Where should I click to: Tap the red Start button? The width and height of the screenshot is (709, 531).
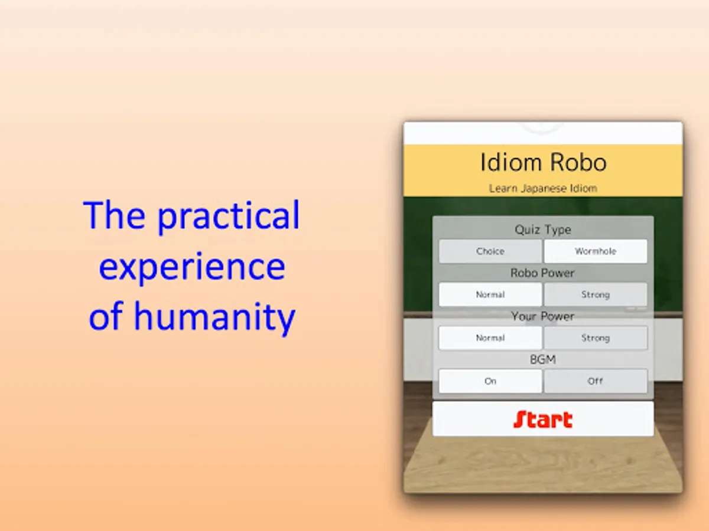click(x=543, y=418)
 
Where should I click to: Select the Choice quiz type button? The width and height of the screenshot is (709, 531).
click(x=490, y=251)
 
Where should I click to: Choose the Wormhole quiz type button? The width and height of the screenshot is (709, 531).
click(x=596, y=251)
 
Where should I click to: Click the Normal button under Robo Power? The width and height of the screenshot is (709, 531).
click(x=490, y=294)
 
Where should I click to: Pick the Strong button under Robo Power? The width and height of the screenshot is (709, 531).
click(x=596, y=294)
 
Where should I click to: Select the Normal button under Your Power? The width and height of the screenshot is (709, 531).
click(x=490, y=338)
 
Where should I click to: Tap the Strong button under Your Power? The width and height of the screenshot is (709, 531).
click(x=596, y=338)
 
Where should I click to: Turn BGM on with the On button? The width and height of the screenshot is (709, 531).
click(x=490, y=381)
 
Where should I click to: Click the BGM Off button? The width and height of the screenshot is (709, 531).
click(x=596, y=381)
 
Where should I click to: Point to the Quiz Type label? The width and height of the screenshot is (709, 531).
click(x=543, y=230)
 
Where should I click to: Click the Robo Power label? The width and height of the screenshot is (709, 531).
click(x=542, y=273)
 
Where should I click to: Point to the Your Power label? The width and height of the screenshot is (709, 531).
click(x=542, y=316)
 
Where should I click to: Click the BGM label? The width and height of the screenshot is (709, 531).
click(x=543, y=359)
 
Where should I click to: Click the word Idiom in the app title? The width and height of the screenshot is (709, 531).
click(x=510, y=162)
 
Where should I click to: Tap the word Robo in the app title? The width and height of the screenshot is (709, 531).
click(x=578, y=162)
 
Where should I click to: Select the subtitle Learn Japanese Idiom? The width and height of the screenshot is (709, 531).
click(x=543, y=188)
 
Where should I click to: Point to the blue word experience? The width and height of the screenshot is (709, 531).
click(x=192, y=268)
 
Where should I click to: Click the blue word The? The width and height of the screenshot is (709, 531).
click(x=115, y=214)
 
